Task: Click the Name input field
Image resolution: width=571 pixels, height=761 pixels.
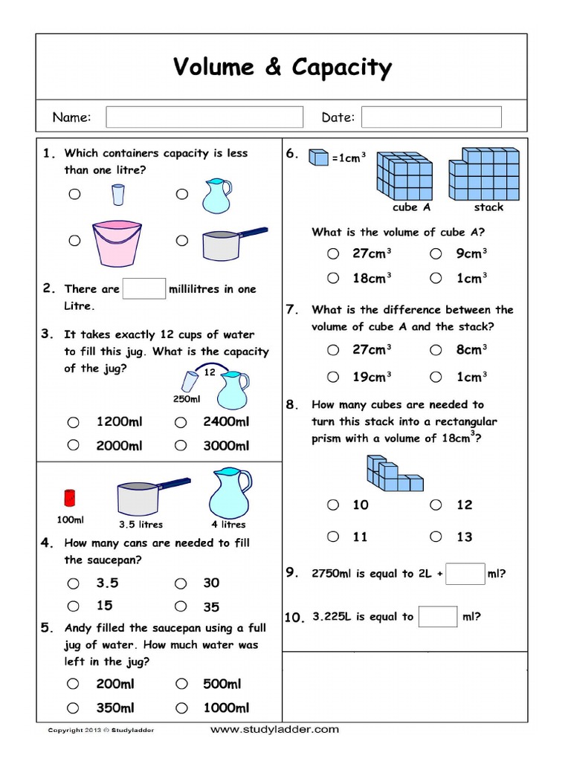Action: [x=204, y=117]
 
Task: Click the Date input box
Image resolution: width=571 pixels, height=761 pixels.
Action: [x=431, y=117]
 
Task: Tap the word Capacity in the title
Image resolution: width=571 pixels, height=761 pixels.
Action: [x=341, y=68]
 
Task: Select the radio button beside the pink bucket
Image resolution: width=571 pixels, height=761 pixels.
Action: [x=74, y=241]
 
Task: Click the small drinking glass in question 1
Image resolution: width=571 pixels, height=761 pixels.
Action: [x=117, y=195]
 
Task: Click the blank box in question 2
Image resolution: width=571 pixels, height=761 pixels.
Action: [x=144, y=289]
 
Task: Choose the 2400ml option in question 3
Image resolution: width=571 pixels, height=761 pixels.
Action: [x=181, y=422]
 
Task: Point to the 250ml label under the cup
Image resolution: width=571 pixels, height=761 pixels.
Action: [x=187, y=399]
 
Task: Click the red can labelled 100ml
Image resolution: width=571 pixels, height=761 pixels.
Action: [x=71, y=497]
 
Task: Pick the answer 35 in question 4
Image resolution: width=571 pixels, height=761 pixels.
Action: [x=181, y=606]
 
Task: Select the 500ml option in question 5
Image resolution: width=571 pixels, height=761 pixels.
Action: [x=181, y=684]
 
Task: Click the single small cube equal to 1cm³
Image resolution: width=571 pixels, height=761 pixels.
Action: [x=318, y=157]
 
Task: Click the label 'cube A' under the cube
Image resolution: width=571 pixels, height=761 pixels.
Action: [x=411, y=207]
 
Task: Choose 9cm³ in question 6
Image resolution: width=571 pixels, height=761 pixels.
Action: [x=436, y=254]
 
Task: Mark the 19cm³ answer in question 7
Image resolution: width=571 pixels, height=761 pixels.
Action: [x=333, y=377]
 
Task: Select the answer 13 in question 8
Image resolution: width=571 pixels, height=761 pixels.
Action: [x=436, y=537]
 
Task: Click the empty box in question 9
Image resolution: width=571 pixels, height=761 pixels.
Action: [x=466, y=574]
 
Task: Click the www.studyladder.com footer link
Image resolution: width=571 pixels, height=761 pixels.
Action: [x=274, y=730]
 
